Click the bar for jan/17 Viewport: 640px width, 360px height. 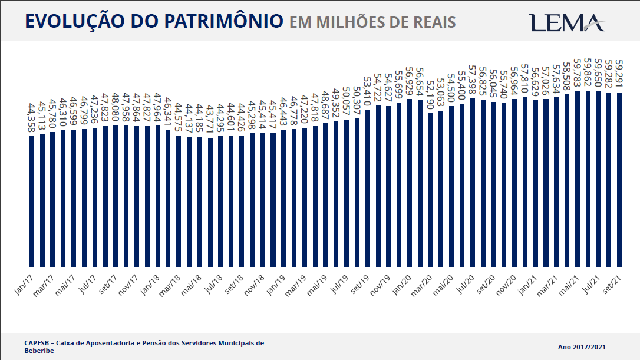coord(32,201)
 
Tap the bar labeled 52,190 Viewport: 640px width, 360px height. coord(431,189)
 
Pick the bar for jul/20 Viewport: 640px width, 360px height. coord(473,182)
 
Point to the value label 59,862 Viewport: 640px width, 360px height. coord(588,74)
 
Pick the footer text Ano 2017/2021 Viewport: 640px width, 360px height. coord(582,347)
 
